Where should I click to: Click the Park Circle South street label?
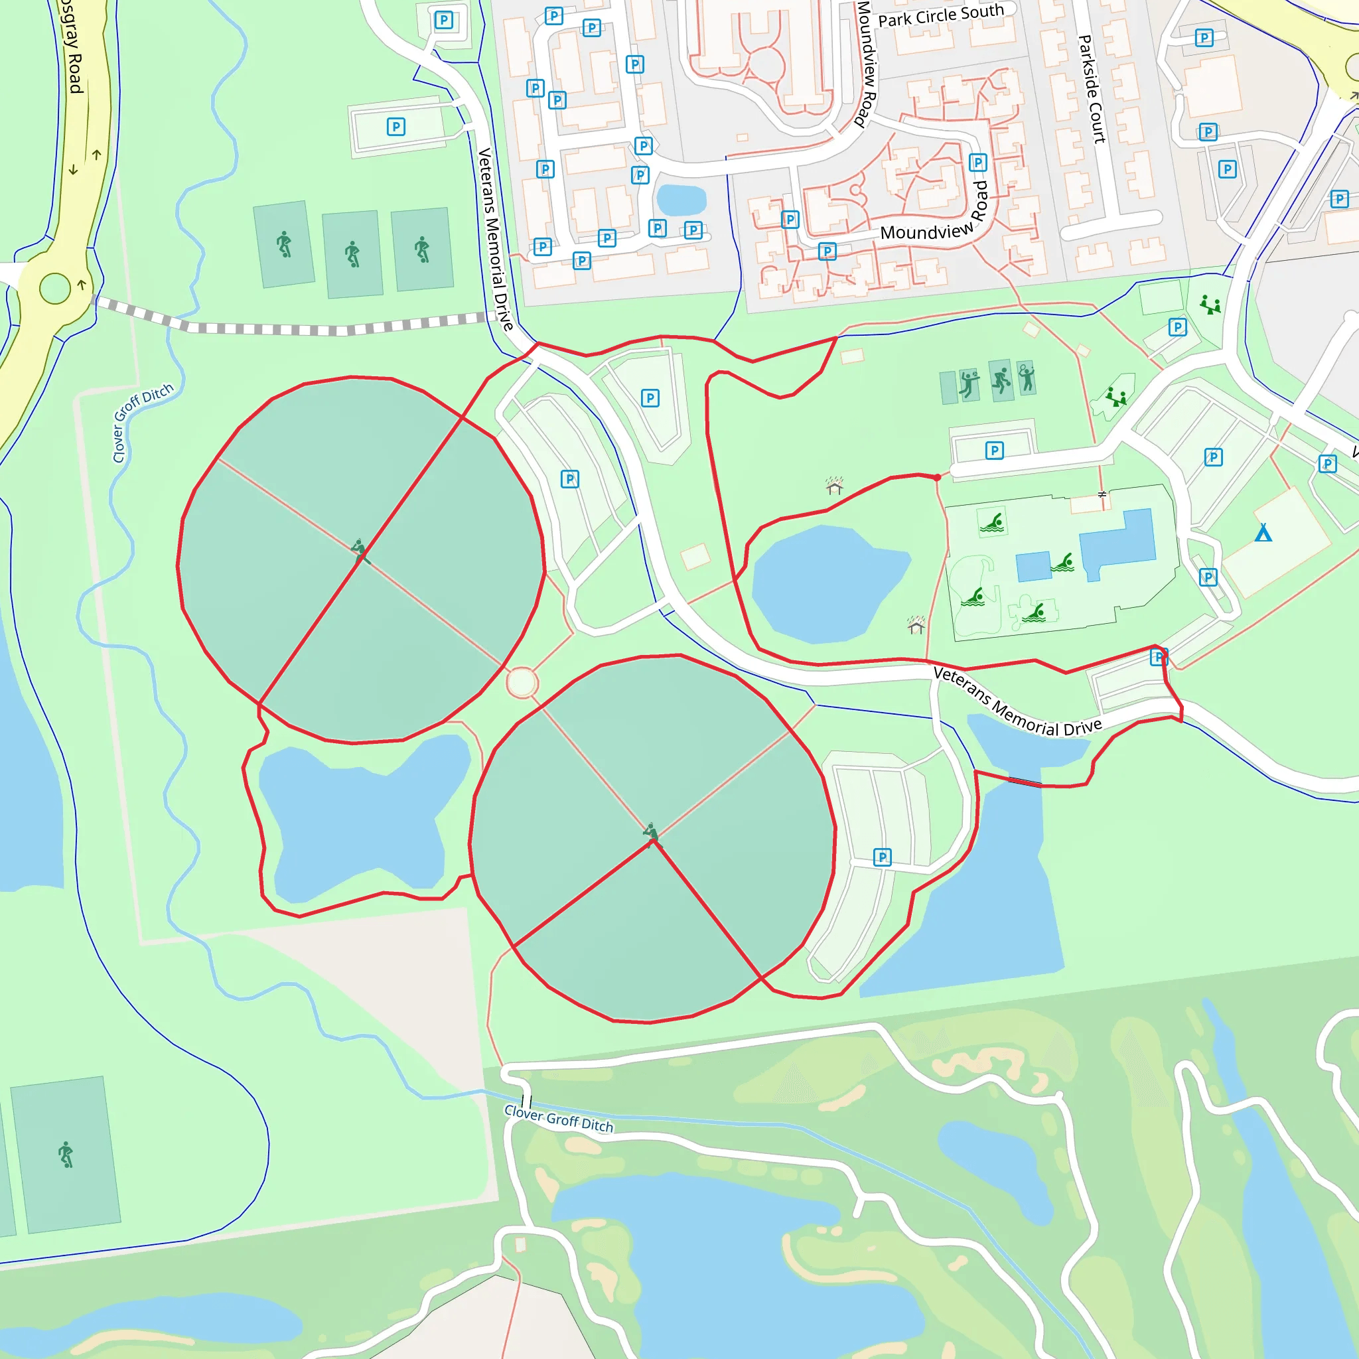(x=940, y=15)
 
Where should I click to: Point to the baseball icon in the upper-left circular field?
(x=360, y=549)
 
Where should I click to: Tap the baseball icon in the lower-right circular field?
(x=652, y=832)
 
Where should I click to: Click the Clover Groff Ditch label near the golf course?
(x=559, y=1117)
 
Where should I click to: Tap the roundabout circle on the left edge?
(x=55, y=289)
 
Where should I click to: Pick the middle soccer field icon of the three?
(x=352, y=254)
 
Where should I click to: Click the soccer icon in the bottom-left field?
(x=66, y=1155)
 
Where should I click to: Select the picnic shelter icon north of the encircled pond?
(x=834, y=485)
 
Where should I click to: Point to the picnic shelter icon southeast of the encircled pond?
(x=916, y=624)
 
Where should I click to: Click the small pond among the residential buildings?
(x=681, y=200)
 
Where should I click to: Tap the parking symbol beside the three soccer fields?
(x=396, y=127)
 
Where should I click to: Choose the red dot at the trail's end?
(x=937, y=478)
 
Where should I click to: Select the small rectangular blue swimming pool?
(x=1033, y=566)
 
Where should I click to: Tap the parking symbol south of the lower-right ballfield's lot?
(x=882, y=857)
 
